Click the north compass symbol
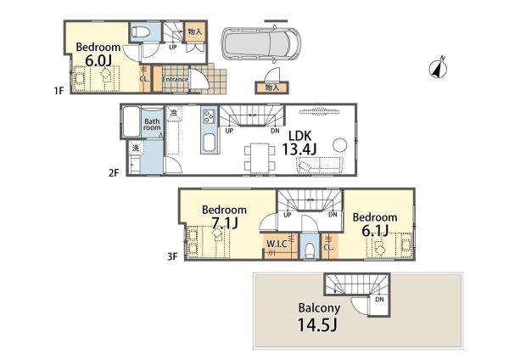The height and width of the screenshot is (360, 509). pos(438,68)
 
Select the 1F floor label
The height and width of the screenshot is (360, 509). pos(59,90)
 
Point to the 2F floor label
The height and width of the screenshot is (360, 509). pos(114,172)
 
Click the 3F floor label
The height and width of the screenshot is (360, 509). pos(172,256)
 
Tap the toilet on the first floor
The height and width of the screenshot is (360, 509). pos(141,32)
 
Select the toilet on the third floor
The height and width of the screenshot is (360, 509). pos(310,250)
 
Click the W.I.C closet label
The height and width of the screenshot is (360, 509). pos(277,244)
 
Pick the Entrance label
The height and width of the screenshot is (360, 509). pos(175,79)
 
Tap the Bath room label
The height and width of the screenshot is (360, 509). pos(152,125)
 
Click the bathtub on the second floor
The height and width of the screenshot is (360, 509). pos(131,121)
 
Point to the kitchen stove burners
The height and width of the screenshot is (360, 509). pos(209,116)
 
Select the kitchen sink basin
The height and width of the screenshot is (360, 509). pos(210,143)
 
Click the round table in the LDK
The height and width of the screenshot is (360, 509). pos(339,145)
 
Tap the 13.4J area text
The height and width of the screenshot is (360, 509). pos(299,149)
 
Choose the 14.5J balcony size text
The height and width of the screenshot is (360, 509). pos(316,324)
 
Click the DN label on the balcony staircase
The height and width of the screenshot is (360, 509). pos(379,300)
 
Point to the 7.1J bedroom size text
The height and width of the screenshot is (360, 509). pos(224,223)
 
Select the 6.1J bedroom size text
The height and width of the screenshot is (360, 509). pos(375,230)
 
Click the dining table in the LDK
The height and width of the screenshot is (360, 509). pos(260,158)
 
